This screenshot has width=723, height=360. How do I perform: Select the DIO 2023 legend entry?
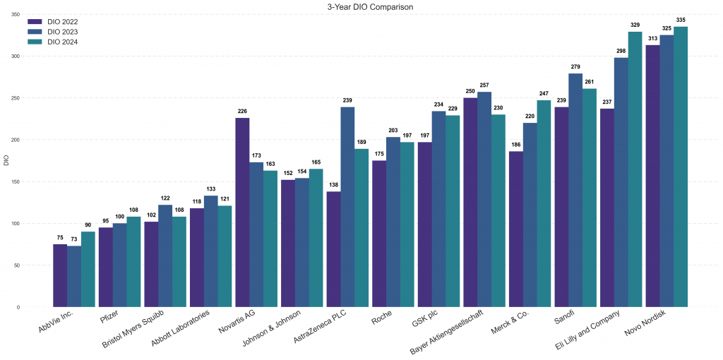tap(61, 32)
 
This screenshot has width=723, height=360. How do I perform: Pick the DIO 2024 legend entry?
tap(61, 42)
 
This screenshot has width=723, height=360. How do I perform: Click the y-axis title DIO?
tap(6, 161)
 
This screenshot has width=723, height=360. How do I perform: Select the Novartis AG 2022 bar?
tap(242, 212)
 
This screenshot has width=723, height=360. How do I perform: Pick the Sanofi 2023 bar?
tap(575, 191)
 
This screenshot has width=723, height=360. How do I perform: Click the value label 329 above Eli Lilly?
tap(635, 25)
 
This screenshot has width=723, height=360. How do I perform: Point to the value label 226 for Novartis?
tap(242, 111)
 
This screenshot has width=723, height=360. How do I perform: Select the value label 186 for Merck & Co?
tap(516, 144)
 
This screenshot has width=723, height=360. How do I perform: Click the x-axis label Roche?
tap(382, 319)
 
